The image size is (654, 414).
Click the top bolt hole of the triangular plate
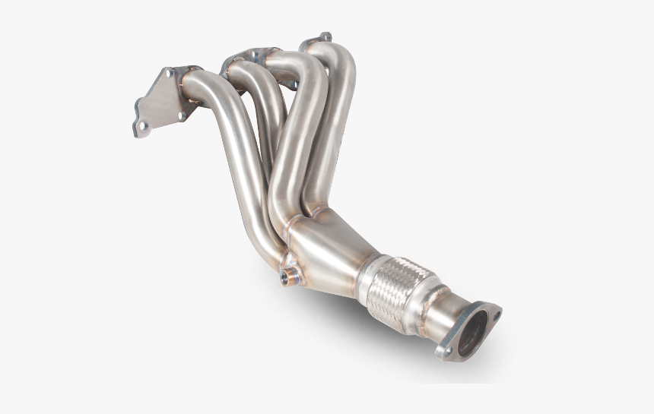coord(167,74)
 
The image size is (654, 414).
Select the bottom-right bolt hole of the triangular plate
coord(181,115)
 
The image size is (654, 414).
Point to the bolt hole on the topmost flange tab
coord(325,36)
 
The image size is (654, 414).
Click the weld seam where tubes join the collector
coord(293,220)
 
